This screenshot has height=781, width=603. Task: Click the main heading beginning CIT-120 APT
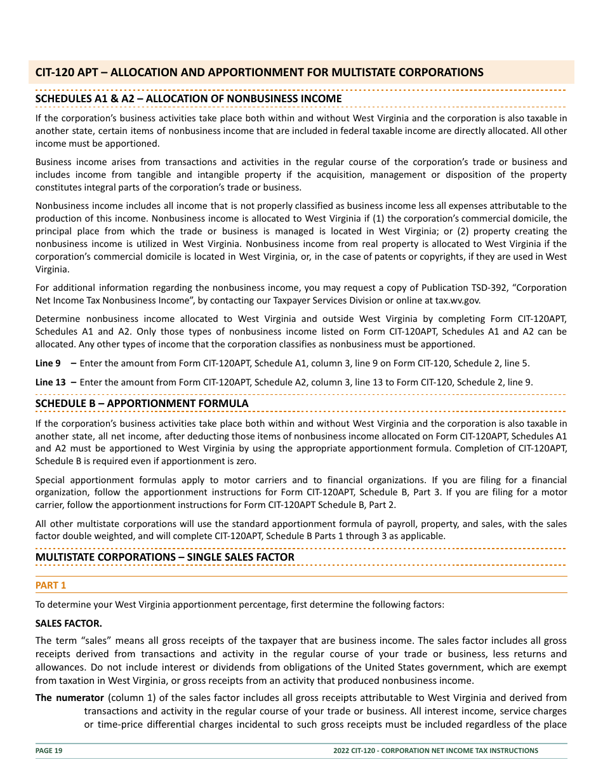click(x=259, y=72)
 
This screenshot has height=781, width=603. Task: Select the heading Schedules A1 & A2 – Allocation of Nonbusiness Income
click(x=189, y=99)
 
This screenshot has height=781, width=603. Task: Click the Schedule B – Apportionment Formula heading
click(x=142, y=404)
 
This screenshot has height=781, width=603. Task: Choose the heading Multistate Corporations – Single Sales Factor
click(x=164, y=557)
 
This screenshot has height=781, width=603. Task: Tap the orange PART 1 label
click(x=51, y=585)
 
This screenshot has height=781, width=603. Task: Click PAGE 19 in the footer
click(x=49, y=751)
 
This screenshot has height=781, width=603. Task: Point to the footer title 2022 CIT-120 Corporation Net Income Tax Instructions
click(x=435, y=751)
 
